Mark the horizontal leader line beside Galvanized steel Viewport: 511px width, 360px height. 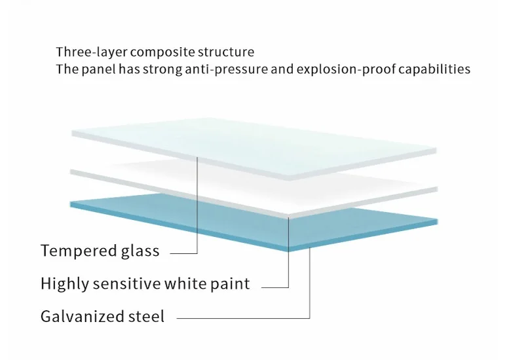[x=242, y=319]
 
